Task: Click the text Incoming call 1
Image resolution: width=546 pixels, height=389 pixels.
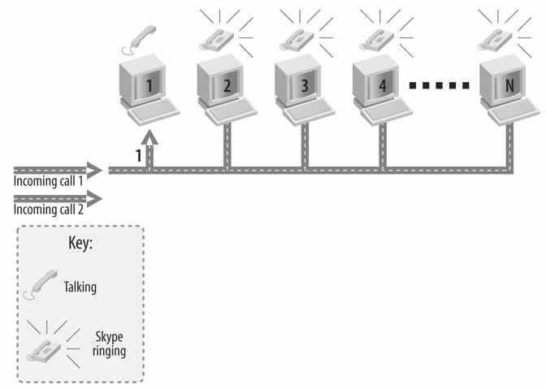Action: tap(48, 181)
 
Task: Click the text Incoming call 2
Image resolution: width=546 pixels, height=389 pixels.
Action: tap(48, 210)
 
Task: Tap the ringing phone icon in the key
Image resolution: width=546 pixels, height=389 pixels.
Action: tap(47, 345)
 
